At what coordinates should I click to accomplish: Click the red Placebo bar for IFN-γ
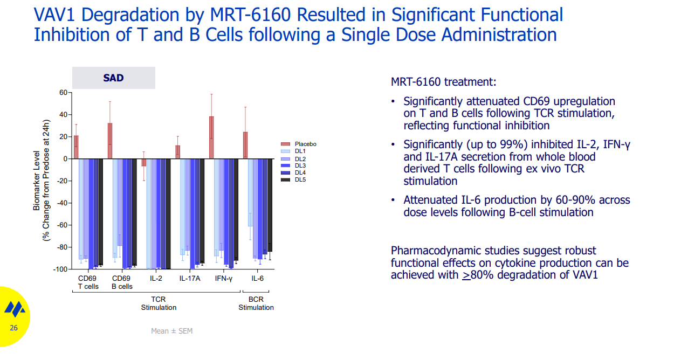211,138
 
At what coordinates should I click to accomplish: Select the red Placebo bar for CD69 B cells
110,141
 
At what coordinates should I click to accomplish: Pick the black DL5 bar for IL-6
270,205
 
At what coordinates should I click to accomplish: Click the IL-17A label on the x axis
190,279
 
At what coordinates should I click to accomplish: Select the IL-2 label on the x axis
156,279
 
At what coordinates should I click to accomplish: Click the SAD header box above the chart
114,78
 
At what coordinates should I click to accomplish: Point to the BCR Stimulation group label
256,303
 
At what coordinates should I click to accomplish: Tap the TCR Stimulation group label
159,303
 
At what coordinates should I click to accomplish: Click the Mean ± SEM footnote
171,331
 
